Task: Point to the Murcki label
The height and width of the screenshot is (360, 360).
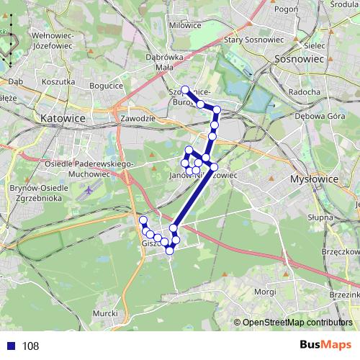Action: point(106,315)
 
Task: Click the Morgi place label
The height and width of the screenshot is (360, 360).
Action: point(265,292)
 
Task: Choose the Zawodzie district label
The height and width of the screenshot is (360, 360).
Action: point(138,117)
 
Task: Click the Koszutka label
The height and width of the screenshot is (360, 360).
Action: point(59,82)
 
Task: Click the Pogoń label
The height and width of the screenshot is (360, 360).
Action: point(286,9)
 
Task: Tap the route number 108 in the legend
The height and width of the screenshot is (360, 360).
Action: point(30,346)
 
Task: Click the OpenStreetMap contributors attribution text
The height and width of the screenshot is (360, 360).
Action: point(296,323)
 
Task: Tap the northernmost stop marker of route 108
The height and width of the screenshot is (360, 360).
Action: point(184,90)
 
